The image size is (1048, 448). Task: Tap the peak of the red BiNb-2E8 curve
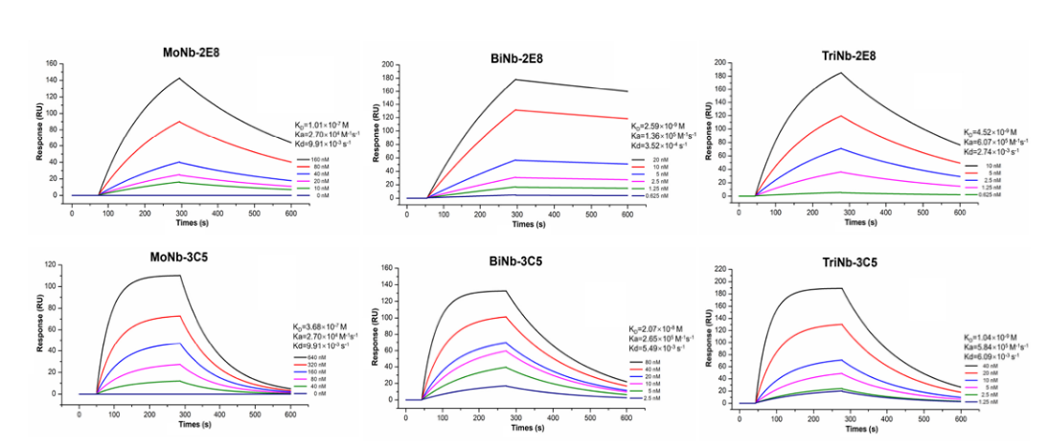point(516,110)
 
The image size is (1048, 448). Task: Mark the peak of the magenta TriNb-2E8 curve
point(841,171)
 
